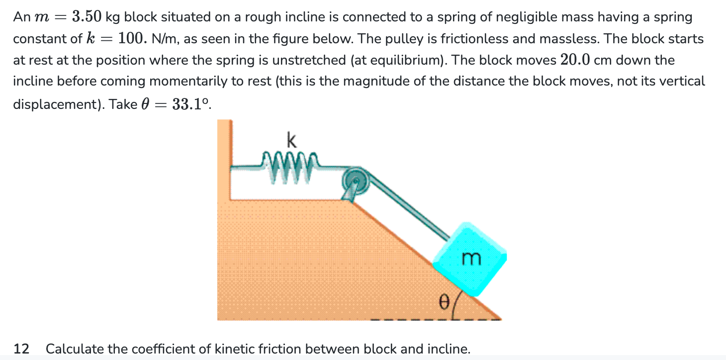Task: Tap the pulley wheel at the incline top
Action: pos(355,180)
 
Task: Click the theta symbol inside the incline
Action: pos(443,300)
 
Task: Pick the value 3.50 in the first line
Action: pos(87,17)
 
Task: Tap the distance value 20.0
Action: pos(575,60)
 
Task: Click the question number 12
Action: pos(21,349)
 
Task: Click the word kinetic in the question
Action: pos(236,349)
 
